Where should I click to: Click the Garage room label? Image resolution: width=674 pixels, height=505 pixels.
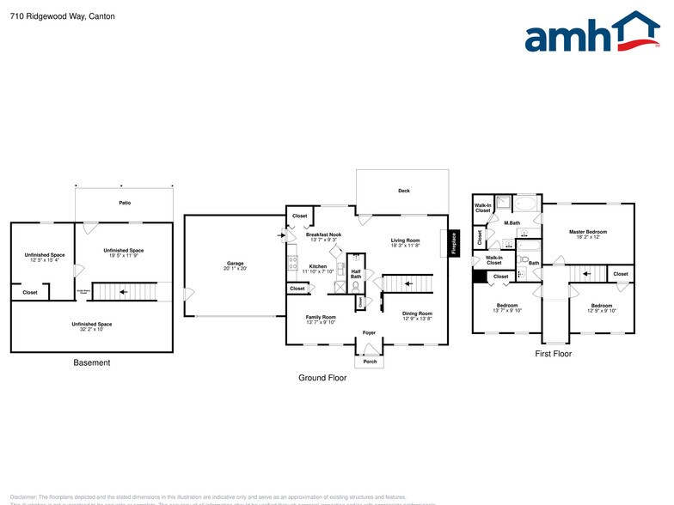point(236,264)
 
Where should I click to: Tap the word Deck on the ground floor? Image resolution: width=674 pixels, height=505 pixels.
point(403,191)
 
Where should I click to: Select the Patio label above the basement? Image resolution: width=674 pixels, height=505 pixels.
point(125,203)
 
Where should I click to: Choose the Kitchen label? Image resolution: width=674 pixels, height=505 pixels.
point(317,267)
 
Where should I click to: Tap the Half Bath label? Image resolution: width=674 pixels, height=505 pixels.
point(356,273)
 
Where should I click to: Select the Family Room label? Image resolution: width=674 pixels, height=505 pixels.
point(321,317)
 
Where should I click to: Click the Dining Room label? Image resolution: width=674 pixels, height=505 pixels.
point(417,314)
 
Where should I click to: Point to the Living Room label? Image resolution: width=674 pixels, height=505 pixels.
point(405,240)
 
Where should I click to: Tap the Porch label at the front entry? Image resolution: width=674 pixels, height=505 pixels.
point(370,362)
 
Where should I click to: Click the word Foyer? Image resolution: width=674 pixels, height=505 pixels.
point(368,332)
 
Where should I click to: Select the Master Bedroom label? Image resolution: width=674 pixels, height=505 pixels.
point(588,232)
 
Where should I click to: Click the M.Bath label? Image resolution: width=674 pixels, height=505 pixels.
point(512,223)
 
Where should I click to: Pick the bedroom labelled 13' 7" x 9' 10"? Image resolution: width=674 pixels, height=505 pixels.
point(506,309)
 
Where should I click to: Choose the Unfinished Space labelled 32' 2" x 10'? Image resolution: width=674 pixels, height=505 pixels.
point(92,325)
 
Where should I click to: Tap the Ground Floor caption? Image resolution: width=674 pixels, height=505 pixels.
point(322,378)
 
